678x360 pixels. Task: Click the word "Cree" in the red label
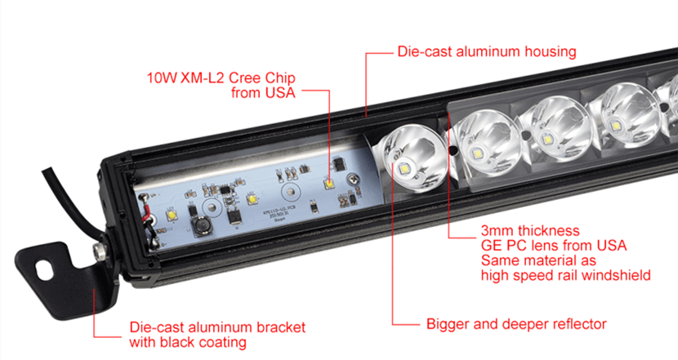[x=245, y=78]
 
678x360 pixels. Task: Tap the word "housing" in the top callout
[x=551, y=52]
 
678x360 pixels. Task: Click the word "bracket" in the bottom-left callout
[x=281, y=327]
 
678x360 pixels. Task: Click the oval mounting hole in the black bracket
[x=45, y=270]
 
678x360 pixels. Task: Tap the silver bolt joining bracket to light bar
[x=100, y=251]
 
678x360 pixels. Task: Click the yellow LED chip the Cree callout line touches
[x=329, y=184]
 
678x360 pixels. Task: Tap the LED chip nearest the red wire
[x=172, y=215]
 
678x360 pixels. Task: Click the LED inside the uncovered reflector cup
[x=404, y=169]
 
